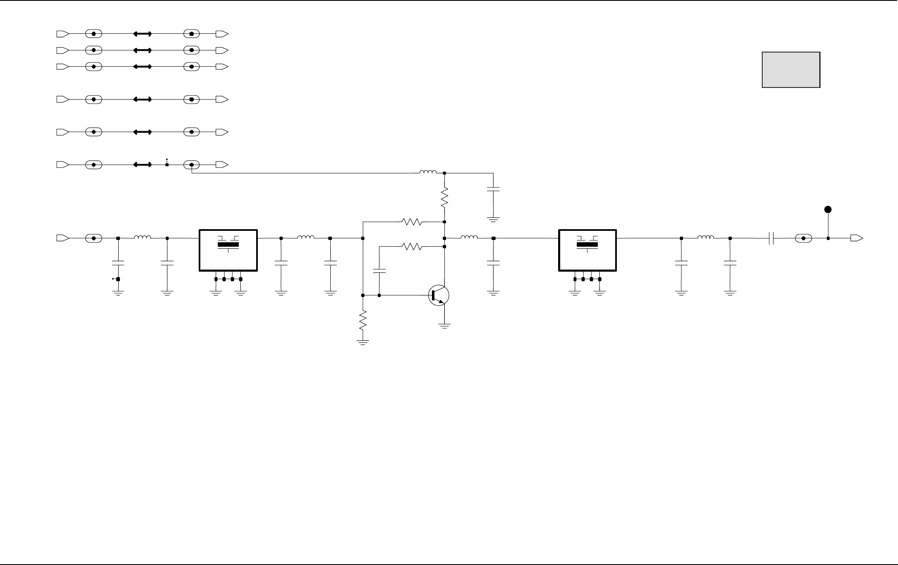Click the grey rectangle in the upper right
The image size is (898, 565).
791,70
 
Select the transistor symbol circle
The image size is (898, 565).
439,295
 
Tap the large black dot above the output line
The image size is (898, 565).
828,209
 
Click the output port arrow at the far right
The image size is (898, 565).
856,238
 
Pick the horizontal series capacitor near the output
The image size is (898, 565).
771,238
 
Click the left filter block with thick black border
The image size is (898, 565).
228,250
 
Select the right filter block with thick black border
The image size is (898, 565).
587,250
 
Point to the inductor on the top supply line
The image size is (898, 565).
428,172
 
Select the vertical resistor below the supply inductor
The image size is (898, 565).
444,197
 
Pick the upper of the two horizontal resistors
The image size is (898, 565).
412,222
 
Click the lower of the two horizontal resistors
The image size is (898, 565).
412,247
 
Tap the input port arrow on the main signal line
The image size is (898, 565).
62,238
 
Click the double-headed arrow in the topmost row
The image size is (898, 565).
142,34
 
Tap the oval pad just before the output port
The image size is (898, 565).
803,238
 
